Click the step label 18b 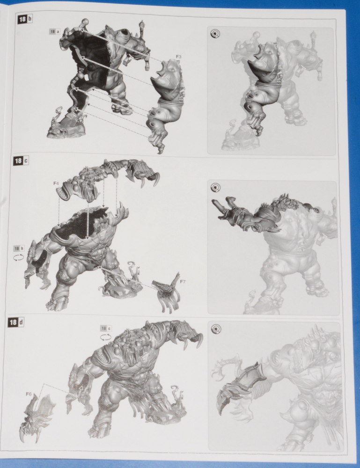(x=25, y=20)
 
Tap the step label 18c (x=21, y=161)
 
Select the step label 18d (x=16, y=322)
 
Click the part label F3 (x=178, y=57)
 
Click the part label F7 (x=183, y=281)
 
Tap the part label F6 (x=29, y=394)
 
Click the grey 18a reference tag (x=55, y=31)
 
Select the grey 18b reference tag (x=19, y=249)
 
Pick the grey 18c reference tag (x=106, y=329)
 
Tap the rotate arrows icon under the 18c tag (x=106, y=337)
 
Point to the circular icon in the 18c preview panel (x=214, y=188)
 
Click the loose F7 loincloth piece (x=167, y=292)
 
